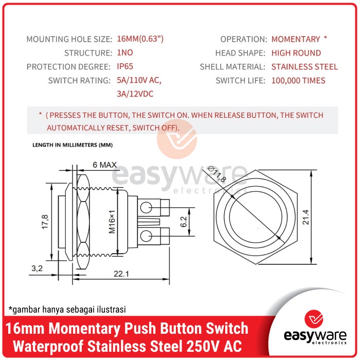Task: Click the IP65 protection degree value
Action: point(124,67)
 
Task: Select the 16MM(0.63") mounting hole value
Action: point(140,39)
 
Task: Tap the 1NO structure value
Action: point(125,53)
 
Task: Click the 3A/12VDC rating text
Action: point(135,94)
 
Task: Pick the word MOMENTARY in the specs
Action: point(296,39)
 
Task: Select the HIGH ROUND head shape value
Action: point(296,53)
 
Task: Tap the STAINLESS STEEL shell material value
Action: point(304,67)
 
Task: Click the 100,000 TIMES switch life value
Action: point(298,81)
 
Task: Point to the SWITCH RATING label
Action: point(79,81)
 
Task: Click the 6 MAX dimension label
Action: point(104,165)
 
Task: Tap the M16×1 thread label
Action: point(112,222)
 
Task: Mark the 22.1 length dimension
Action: point(121,275)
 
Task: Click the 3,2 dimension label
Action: point(37,268)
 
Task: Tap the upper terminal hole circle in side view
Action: point(147,207)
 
